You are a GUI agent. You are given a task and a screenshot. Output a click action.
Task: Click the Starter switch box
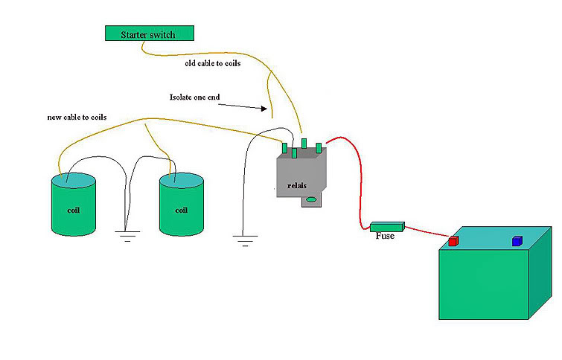point(148,33)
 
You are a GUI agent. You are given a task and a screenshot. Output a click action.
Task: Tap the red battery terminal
point(453,241)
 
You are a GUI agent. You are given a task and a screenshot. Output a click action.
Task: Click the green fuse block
point(387,226)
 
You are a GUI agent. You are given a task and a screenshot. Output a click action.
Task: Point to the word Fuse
point(385,237)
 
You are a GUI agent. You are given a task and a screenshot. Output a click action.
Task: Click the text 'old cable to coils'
point(213,63)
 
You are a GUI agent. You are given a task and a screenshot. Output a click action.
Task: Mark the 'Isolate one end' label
point(196,97)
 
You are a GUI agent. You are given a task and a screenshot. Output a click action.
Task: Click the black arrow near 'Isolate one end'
point(246,106)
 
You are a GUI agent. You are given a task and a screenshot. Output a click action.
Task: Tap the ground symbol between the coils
point(127,237)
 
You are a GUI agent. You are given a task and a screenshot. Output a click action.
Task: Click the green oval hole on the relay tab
point(312,199)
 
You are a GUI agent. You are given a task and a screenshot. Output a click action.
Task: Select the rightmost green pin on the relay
point(319,147)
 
